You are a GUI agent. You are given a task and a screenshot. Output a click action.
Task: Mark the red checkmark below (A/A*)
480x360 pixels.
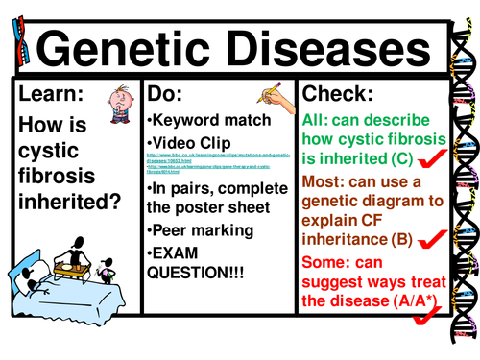pyautogui.click(x=420, y=332)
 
